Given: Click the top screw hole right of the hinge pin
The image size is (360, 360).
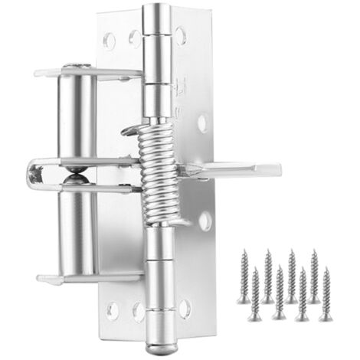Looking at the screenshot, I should (181, 34).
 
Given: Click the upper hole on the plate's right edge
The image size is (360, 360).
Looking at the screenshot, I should (203, 121).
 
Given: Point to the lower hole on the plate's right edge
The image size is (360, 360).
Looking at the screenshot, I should (205, 221).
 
